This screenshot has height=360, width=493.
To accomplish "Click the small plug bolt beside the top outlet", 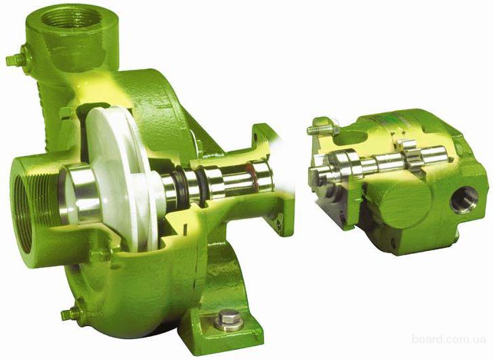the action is (x=16, y=59).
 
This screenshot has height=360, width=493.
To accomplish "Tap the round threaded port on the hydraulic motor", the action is (x=464, y=200).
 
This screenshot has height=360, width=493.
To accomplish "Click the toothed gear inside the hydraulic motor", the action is (x=408, y=154).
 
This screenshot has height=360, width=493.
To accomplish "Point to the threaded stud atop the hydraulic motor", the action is (x=322, y=128).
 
